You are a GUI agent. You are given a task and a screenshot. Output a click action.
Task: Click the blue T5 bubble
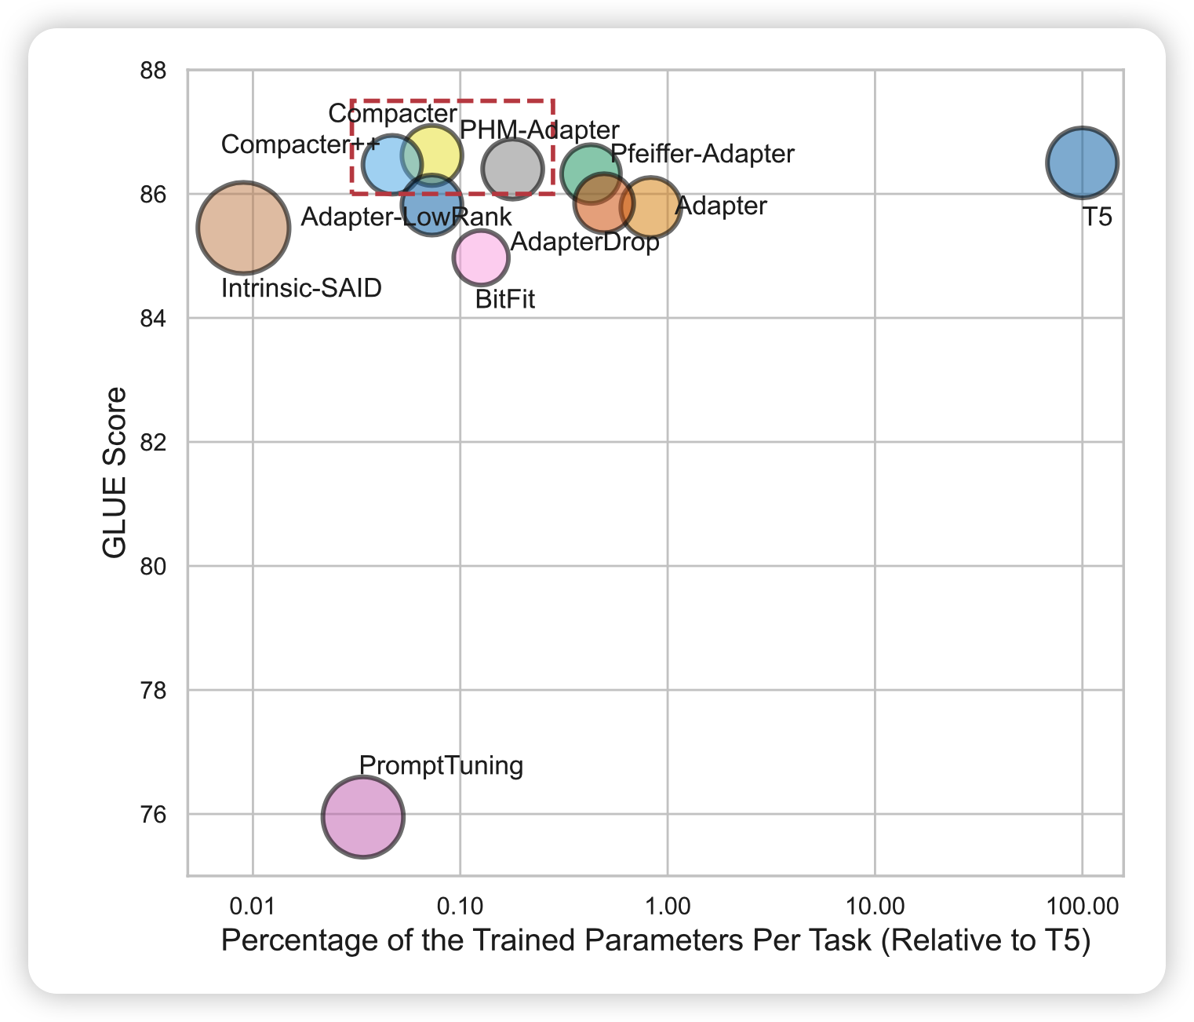1082,163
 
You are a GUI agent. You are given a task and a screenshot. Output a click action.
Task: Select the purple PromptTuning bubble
362,816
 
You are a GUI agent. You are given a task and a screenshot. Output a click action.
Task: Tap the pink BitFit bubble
481,257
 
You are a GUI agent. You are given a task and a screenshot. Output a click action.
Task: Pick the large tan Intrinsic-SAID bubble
244,228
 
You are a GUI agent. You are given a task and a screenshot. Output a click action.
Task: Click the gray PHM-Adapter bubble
512,168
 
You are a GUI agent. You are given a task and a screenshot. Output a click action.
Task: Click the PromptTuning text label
441,765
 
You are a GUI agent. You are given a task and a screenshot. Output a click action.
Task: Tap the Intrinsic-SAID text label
301,288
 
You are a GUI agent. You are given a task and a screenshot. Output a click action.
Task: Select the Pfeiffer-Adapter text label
702,154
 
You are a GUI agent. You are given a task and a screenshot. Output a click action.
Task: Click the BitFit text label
505,299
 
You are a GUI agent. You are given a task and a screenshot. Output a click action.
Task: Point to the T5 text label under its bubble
1098,217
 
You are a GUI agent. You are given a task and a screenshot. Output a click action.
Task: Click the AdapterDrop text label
584,243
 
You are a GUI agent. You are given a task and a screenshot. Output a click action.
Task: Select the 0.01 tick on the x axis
252,907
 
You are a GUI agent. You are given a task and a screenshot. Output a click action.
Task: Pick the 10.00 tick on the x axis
875,907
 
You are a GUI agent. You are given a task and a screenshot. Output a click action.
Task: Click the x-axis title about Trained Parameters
656,940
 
